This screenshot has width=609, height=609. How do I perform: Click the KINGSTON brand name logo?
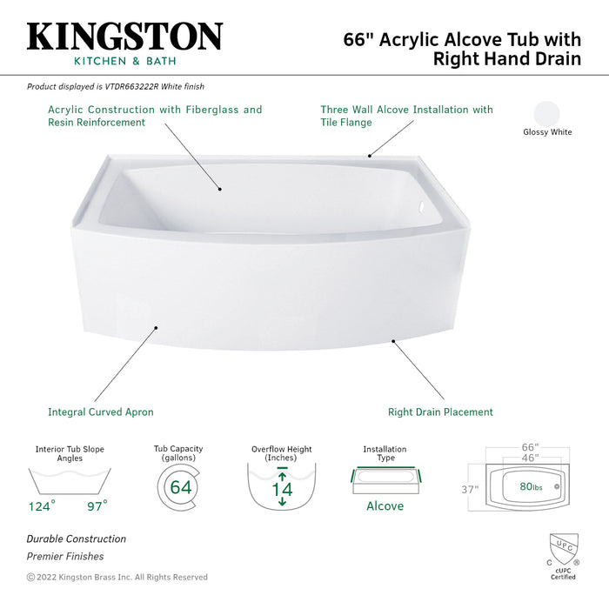coord(125,36)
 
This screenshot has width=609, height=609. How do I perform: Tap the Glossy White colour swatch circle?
coord(547,115)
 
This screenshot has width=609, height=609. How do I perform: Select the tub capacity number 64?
coord(180,487)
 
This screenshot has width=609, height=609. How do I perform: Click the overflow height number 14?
coord(282,489)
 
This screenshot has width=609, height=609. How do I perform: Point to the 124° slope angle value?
coord(41,505)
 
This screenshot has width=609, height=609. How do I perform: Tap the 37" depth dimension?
coord(470,490)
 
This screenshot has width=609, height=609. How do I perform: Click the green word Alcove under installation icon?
coord(385,506)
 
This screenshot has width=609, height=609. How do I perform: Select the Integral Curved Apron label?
coord(100,412)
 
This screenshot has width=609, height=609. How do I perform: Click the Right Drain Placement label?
coord(440,412)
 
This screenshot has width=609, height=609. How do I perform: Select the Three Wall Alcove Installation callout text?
coord(406,116)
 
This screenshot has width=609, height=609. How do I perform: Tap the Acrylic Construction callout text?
coord(155,116)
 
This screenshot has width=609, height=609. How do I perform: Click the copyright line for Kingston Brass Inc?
coord(117,577)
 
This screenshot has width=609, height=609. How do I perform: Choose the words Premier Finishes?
coord(65,556)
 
